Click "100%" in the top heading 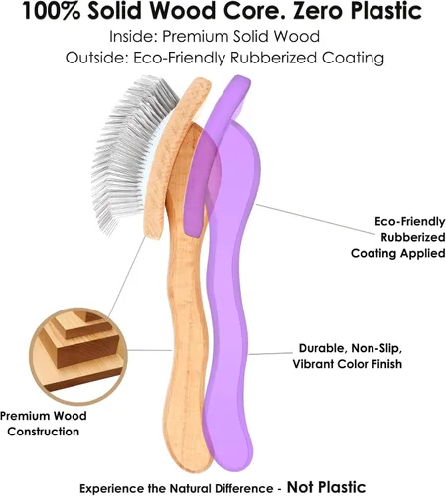[52, 11]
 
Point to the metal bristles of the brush [127, 152]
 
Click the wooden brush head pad [175, 156]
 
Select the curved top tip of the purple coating [239, 81]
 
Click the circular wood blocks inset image [78, 355]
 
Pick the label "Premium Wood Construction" [44, 424]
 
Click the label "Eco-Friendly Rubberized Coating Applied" [397, 237]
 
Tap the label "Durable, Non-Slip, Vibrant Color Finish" [348, 356]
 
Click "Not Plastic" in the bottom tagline [327, 487]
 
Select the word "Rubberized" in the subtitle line [273, 58]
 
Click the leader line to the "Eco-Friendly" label [316, 219]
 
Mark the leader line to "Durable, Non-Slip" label [271, 354]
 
